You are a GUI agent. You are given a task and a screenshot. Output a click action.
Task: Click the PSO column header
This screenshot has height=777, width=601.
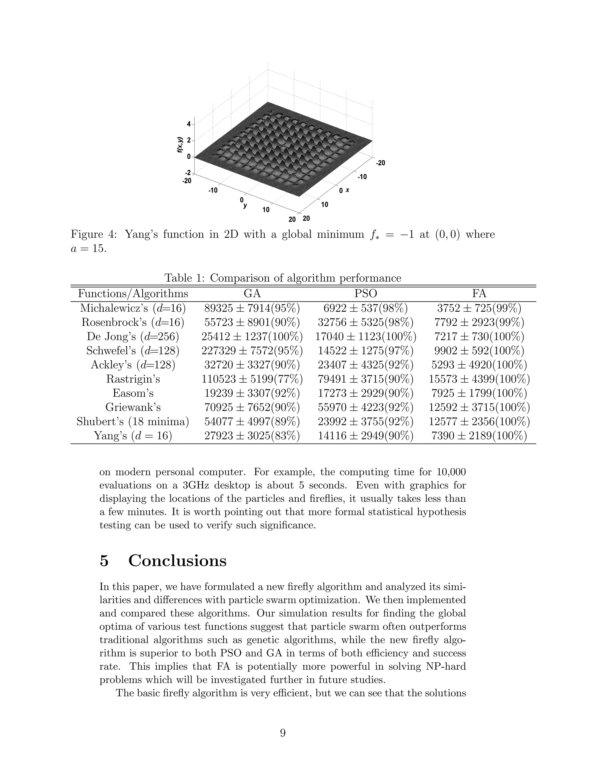pos(365,294)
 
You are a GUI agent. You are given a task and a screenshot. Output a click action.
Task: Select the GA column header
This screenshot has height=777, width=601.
pos(252,294)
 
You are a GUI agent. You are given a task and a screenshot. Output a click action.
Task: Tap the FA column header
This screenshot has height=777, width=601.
pos(479,294)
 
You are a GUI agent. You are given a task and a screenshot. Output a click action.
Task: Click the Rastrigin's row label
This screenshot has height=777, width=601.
pos(133,379)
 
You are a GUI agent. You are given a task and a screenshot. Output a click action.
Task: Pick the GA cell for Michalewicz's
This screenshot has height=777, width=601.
pos(252,308)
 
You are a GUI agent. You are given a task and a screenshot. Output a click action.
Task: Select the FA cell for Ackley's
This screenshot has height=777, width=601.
pos(479,365)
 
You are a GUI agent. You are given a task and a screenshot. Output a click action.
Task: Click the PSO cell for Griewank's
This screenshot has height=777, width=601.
pos(365,407)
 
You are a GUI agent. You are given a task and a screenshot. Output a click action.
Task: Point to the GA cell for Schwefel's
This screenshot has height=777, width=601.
pos(252,351)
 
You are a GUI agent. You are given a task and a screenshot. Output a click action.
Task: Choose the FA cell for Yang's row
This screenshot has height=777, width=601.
pos(479,436)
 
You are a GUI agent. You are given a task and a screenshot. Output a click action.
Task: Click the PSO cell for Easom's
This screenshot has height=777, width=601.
pos(365,393)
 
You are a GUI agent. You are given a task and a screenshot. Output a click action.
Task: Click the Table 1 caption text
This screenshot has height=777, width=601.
pos(283,278)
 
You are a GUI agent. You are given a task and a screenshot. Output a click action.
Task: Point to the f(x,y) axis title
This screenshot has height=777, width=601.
pos(180,145)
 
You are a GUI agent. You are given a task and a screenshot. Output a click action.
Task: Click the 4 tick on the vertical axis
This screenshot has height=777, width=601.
pos(189,124)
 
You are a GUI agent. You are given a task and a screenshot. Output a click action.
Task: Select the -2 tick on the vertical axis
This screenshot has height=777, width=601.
pos(187,173)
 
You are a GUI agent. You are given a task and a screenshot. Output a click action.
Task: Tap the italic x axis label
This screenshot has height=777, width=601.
pos(347,190)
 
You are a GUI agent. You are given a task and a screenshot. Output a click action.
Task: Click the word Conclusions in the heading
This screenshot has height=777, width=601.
pos(177,561)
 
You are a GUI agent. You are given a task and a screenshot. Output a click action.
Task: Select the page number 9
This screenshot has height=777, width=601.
pos(283,733)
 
